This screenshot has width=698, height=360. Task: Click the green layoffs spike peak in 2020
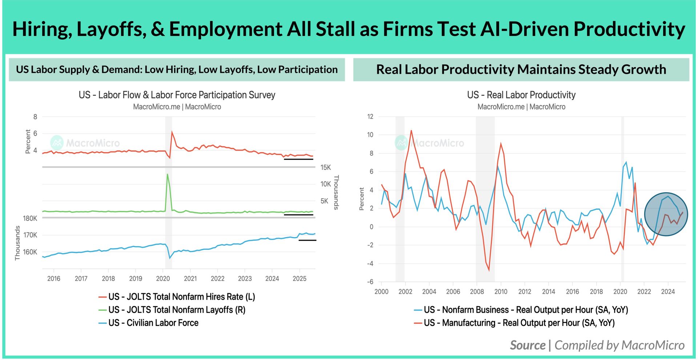coord(167,174)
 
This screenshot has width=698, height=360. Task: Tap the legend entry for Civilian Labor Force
coord(148,323)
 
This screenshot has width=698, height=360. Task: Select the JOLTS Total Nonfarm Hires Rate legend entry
coord(177,297)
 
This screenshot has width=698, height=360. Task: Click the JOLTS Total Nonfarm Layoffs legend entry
coord(172,310)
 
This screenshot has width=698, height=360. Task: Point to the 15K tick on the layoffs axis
coord(325,168)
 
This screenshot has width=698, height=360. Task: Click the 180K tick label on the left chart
coord(30,219)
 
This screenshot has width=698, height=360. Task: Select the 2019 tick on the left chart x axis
coord(136,279)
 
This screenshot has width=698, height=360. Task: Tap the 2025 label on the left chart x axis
coord(300,279)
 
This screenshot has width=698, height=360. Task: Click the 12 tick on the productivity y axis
coord(370,117)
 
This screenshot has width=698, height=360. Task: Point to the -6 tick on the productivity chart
coord(370,282)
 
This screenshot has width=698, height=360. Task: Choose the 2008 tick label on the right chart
coord(477,292)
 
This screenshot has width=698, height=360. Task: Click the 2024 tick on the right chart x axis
coord(668,292)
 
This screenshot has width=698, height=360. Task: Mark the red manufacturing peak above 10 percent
coord(411,131)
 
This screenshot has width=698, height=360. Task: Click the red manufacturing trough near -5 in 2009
coord(489,270)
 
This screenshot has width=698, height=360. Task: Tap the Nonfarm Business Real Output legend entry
coord(521,310)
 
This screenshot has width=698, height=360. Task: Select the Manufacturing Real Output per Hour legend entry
coord(514,323)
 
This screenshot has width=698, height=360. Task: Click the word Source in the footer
coord(527,345)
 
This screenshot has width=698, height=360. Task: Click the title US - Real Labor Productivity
coord(521,95)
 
